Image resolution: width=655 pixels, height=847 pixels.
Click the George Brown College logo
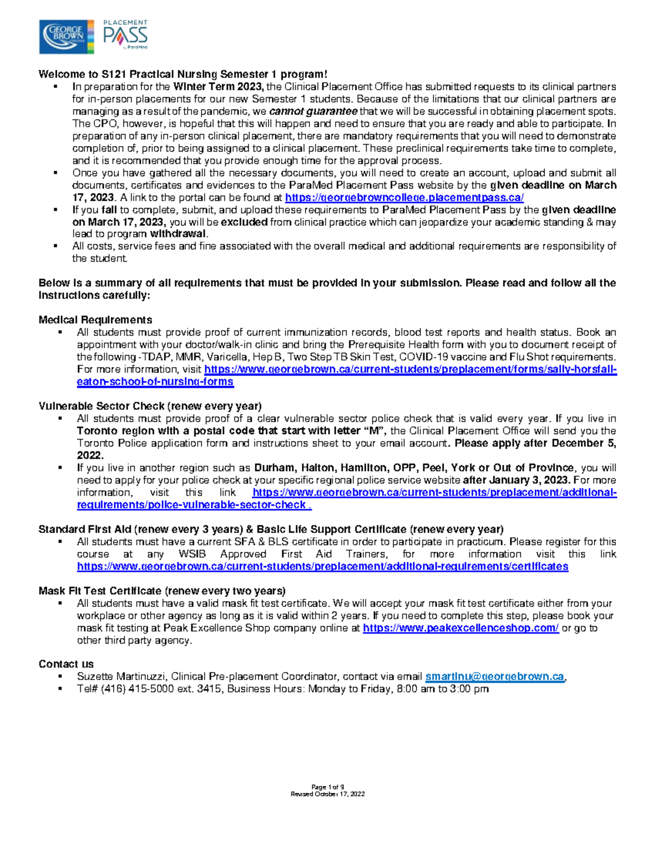click(x=66, y=37)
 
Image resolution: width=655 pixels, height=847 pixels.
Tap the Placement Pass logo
click(x=126, y=35)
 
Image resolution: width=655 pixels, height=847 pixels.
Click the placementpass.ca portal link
click(x=404, y=197)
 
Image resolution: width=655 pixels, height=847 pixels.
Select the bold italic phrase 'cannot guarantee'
click(x=313, y=111)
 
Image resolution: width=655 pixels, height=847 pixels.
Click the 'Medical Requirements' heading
click(x=95, y=320)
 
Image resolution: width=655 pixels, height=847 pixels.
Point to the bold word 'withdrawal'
click(x=178, y=234)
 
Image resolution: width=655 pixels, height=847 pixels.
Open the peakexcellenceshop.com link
click(x=461, y=628)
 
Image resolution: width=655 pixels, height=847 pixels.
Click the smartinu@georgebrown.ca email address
click(x=495, y=676)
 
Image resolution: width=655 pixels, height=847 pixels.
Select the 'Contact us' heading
click(x=66, y=664)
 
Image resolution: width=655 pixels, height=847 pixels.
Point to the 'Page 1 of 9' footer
click(x=327, y=787)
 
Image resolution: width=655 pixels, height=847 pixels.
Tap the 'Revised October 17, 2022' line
click(x=327, y=794)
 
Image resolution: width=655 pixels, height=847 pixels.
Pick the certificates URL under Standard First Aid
click(x=323, y=566)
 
